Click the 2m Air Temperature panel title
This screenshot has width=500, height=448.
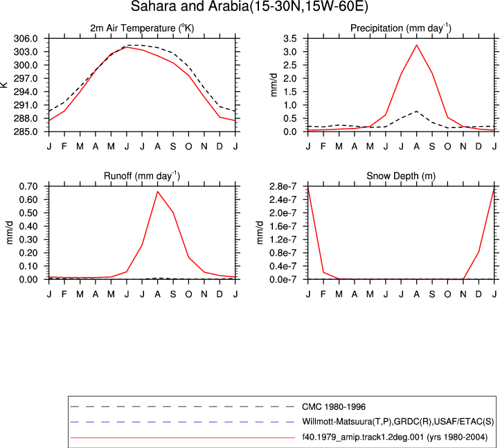[x=142, y=28]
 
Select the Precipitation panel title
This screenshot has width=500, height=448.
[x=401, y=28]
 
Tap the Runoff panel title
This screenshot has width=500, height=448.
[x=142, y=176]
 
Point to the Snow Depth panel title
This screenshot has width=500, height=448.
[x=401, y=176]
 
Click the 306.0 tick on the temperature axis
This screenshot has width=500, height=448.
[x=26, y=39]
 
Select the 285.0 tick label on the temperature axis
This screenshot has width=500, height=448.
[x=26, y=132]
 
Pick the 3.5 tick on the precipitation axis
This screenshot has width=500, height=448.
[x=290, y=39]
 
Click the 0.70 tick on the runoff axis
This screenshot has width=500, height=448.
[x=28, y=186]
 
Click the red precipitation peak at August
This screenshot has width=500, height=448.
[x=416, y=45]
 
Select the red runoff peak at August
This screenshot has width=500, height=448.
[x=157, y=191]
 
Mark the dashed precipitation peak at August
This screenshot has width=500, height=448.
[x=416, y=111]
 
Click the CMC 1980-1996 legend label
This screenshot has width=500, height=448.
[x=334, y=407]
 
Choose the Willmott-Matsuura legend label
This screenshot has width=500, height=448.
[x=398, y=422]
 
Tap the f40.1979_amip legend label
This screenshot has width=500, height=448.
[x=395, y=437]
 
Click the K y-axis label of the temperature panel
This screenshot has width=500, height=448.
[x=4, y=84]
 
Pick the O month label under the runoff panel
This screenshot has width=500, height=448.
[x=188, y=294]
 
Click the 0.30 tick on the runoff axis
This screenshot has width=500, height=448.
[x=28, y=240]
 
